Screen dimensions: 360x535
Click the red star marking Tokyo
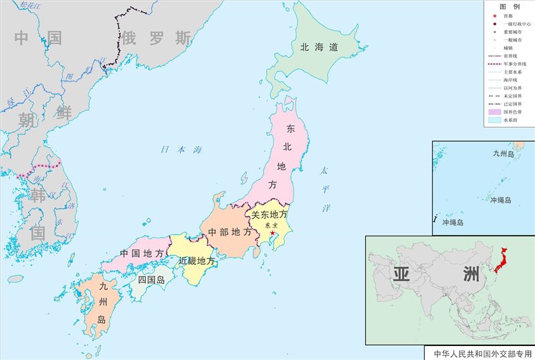272,234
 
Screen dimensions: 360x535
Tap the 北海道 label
318,47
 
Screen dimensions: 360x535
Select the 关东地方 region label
270,215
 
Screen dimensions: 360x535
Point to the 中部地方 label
230,232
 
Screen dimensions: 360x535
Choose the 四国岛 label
151,280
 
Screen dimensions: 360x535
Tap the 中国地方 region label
142,254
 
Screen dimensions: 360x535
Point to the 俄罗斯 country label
156,38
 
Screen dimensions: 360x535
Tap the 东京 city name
271,226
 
